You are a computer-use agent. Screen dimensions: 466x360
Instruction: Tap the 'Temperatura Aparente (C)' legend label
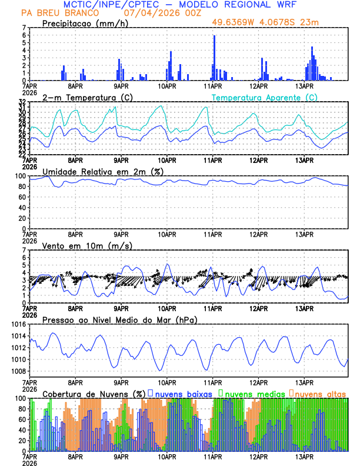click(264, 97)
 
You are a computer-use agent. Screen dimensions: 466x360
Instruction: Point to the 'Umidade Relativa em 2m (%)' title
click(103, 171)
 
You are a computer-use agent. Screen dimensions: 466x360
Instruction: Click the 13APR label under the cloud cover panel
click(304, 456)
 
